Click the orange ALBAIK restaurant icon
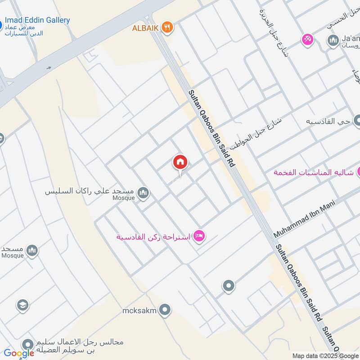click(x=168, y=27)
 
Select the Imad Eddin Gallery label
click(x=37, y=20)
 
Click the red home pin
click(x=180, y=162)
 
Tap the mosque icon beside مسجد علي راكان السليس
click(x=144, y=193)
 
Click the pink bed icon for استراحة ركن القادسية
click(x=199, y=236)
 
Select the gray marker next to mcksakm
click(x=166, y=310)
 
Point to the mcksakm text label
click(x=139, y=310)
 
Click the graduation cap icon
click(x=22, y=306)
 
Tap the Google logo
click(x=19, y=353)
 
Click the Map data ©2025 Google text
click(x=325, y=355)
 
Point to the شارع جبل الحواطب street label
click(x=255, y=134)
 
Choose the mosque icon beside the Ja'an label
click(x=333, y=42)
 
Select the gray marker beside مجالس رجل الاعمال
click(x=28, y=344)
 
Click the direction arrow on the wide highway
click(x=49, y=68)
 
